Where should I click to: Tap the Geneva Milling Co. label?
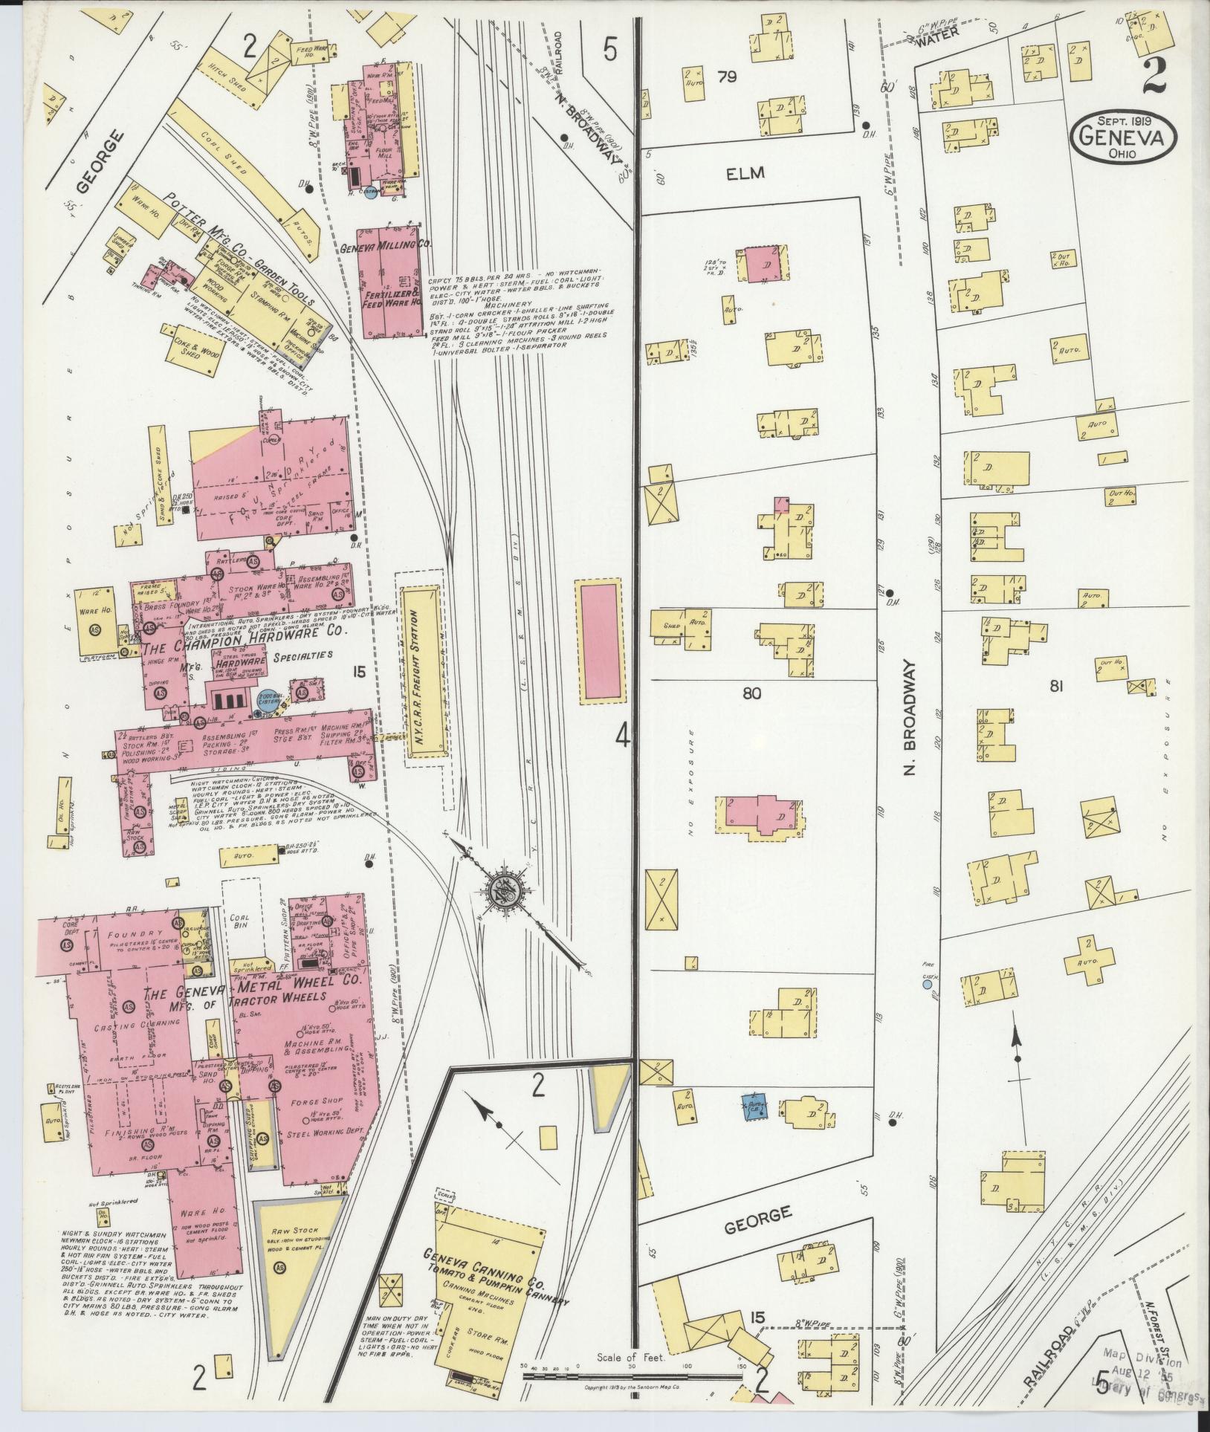pos(386,245)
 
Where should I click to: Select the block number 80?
pos(751,694)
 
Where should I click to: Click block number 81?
pos(1055,687)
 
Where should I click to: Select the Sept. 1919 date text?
pos(1125,118)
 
